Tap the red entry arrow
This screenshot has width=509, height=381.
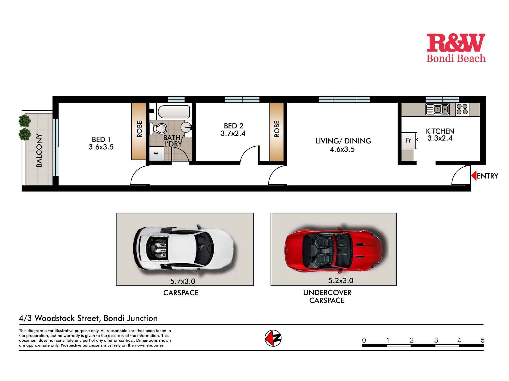[474, 176]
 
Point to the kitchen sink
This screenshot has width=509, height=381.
[437, 109]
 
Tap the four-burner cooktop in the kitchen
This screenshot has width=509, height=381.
[462, 109]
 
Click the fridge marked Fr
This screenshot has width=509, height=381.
[409, 140]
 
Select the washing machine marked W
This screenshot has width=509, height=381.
[156, 154]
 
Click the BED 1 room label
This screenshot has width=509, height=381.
[101, 139]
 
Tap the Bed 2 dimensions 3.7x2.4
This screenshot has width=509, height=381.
[233, 134]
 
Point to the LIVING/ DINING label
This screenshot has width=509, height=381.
[343, 141]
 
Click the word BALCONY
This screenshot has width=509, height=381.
[39, 150]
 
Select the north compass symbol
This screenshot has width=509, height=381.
[273, 338]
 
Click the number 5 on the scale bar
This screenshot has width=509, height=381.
[482, 340]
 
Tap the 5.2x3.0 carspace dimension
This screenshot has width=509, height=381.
[341, 281]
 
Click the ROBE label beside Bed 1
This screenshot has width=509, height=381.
[139, 129]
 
